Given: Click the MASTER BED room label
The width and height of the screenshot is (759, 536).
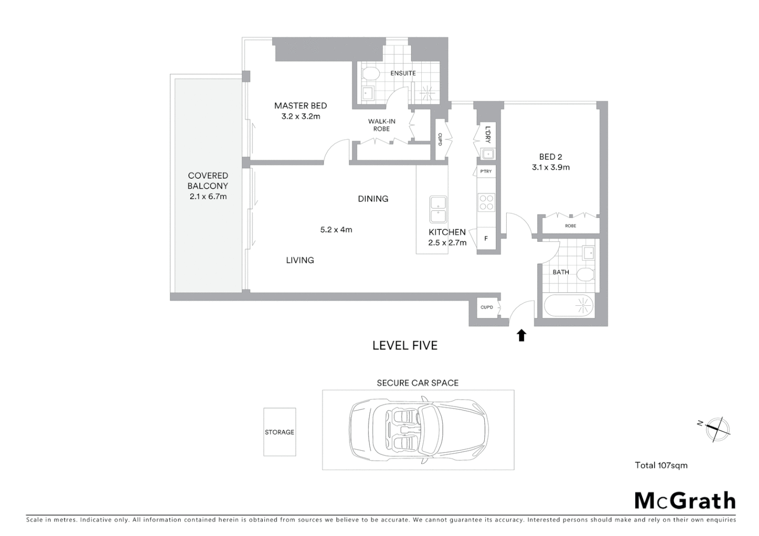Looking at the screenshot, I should click(301, 106).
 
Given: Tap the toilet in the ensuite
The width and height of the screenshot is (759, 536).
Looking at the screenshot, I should click(370, 74).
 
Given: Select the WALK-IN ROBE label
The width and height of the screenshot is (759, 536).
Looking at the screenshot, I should click(381, 125).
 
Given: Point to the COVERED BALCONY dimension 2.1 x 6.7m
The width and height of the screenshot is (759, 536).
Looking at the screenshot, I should click(208, 197).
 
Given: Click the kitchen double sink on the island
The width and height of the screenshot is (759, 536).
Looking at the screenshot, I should click(438, 209).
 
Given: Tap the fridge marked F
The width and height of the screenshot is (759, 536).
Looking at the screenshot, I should click(486, 239).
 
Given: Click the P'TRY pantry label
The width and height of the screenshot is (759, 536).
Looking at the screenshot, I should click(485, 172).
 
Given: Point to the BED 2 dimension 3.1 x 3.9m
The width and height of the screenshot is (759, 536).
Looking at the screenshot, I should click(550, 168).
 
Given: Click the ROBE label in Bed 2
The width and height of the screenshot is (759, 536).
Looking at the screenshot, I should click(570, 226).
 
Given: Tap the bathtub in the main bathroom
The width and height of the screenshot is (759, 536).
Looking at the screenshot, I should click(569, 306).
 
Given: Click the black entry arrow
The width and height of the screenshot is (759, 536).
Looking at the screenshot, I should click(521, 335).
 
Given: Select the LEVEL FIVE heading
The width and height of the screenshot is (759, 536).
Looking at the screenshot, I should click(405, 345).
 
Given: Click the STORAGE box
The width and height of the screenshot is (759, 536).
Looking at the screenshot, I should click(280, 432).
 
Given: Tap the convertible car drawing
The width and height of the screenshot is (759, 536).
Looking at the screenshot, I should click(418, 429).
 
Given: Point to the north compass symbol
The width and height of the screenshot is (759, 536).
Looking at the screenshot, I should click(716, 428).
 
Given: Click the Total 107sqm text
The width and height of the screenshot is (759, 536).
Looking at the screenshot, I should click(661, 466).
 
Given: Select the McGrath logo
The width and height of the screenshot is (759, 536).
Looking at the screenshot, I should click(684, 501).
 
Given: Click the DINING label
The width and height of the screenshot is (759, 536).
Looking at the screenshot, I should click(373, 199).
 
